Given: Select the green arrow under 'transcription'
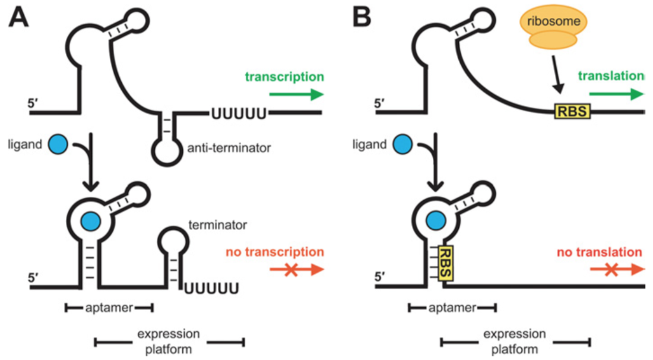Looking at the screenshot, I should point(296,94).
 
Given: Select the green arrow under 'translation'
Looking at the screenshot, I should point(616,94).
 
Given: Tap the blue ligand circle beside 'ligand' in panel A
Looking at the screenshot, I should point(58,144).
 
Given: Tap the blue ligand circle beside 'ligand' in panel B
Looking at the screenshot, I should point(403,144).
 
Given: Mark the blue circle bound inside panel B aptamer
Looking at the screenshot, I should point(435,220).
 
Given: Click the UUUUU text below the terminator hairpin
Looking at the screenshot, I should point(213,289).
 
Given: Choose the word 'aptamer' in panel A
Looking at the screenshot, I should point(109,307).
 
